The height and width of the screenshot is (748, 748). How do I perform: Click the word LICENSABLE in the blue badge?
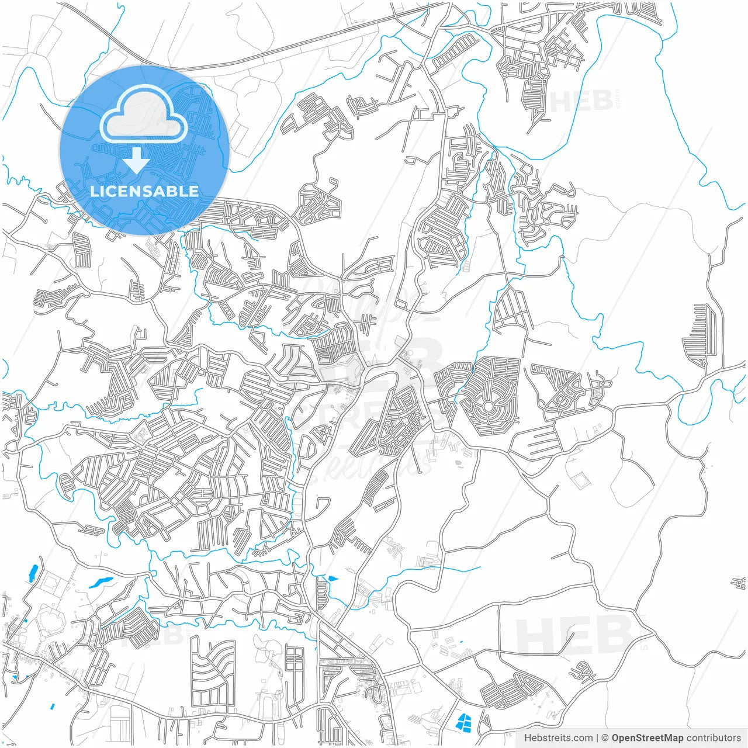(144, 191)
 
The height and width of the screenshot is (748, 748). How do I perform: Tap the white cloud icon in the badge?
(144, 114)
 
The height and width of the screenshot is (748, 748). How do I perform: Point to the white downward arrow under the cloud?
(137, 160)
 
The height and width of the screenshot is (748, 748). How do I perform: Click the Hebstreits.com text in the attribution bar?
(558, 738)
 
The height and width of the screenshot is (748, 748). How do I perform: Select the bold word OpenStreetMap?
(647, 738)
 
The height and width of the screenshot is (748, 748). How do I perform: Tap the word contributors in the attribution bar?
(714, 738)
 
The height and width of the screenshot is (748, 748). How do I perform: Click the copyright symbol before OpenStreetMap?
(605, 738)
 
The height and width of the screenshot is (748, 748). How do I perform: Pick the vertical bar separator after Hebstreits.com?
(597, 738)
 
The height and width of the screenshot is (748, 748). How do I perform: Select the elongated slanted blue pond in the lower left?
(101, 582)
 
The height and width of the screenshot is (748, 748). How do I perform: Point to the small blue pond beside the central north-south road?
(333, 579)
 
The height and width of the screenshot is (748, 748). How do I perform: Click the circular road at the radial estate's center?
(488, 406)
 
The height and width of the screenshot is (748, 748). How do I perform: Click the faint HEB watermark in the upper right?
(581, 102)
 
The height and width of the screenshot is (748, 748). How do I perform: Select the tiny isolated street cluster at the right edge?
(739, 583)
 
